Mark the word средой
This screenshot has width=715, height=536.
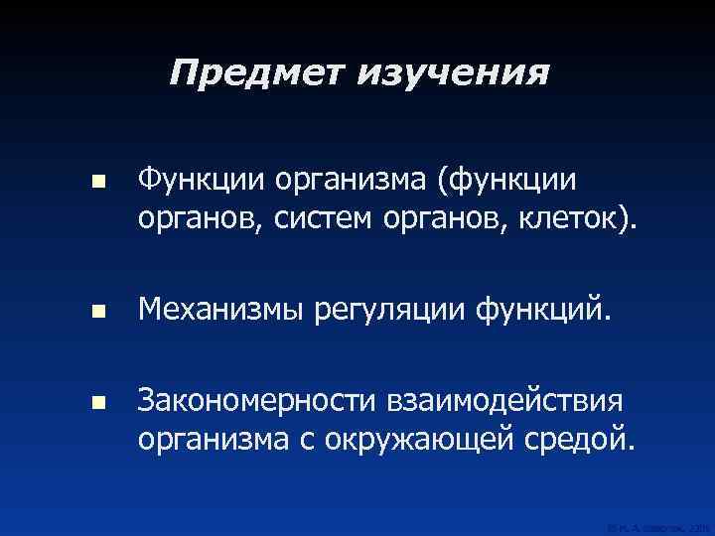(x=580, y=436)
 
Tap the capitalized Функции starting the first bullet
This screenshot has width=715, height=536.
(x=197, y=182)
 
